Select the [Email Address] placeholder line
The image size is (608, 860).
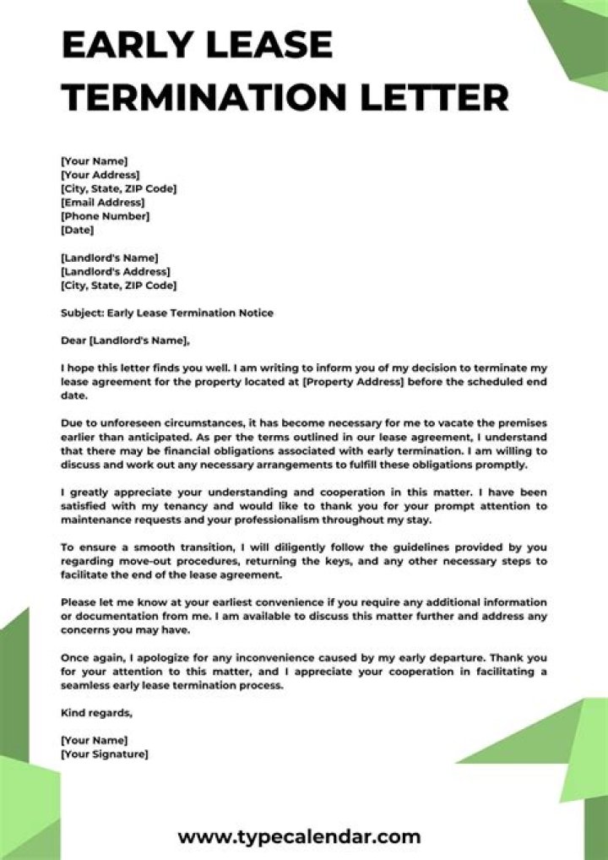pyautogui.click(x=102, y=202)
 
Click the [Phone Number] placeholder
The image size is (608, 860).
pyautogui.click(x=105, y=215)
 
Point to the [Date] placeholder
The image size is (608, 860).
pyautogui.click(x=77, y=229)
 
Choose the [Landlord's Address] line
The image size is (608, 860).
pyautogui.click(x=115, y=271)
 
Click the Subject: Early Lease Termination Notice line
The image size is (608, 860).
pyautogui.click(x=167, y=313)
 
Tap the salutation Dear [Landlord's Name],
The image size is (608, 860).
pyautogui.click(x=126, y=340)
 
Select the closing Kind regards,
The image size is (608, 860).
pyautogui.click(x=96, y=712)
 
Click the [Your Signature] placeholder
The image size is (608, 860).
pyautogui.click(x=104, y=754)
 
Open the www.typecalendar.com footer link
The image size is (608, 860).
pyautogui.click(x=299, y=836)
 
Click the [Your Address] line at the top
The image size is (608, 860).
pyautogui.click(x=100, y=175)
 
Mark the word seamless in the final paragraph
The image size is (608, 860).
pyautogui.click(x=88, y=685)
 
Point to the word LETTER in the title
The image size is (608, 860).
pyautogui.click(x=444, y=96)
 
